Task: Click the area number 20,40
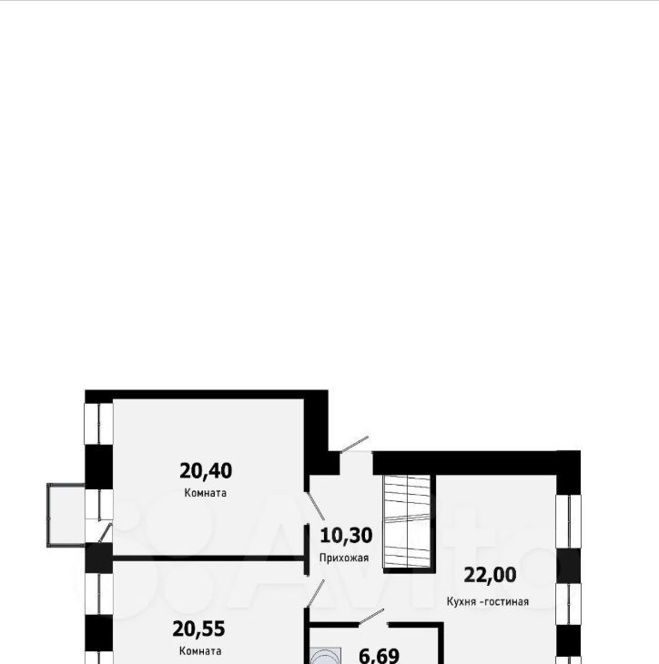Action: tap(206, 471)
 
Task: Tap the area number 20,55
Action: tap(198, 629)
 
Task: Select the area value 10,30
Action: tap(346, 536)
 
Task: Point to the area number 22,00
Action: tap(490, 575)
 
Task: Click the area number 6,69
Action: tap(379, 656)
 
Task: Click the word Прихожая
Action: tap(344, 558)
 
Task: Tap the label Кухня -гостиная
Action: tap(488, 602)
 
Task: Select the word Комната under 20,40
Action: tap(205, 493)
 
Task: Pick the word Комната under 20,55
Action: tap(200, 651)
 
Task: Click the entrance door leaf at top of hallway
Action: tap(354, 445)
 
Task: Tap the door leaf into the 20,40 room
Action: tap(315, 506)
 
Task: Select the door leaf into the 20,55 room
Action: tap(315, 594)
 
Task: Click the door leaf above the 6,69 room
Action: tap(371, 617)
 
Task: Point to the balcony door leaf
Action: tap(105, 532)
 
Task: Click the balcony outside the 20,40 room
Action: tap(66, 515)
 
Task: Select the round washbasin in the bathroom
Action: tap(326, 657)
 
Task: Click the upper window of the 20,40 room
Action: tap(99, 424)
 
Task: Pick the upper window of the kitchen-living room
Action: tap(568, 521)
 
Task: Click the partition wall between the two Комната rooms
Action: tap(208, 558)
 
